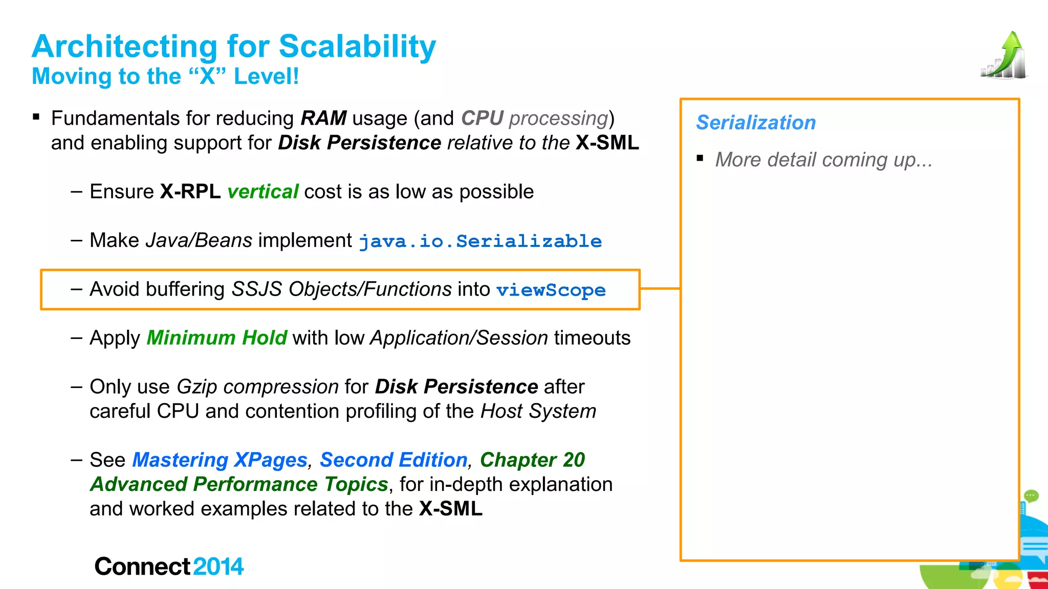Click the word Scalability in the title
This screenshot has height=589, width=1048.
(357, 47)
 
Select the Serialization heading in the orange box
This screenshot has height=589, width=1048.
(756, 123)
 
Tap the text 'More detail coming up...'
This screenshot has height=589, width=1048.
(823, 160)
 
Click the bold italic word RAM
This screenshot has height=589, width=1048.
(323, 118)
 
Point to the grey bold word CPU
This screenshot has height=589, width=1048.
(482, 118)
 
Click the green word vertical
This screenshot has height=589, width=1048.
(263, 192)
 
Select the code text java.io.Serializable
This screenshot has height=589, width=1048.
(480, 241)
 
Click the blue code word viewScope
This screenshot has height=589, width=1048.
(551, 290)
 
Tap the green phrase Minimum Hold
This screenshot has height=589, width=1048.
(216, 338)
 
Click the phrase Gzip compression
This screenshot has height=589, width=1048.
(257, 387)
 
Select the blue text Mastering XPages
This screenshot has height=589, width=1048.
(220, 460)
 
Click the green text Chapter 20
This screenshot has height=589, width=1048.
(532, 460)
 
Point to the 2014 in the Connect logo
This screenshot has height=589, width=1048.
(219, 567)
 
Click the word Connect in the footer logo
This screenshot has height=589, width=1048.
(142, 567)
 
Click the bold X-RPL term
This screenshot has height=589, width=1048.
(190, 192)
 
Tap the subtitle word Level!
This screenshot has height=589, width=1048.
(266, 77)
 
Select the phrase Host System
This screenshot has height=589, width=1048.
(538, 412)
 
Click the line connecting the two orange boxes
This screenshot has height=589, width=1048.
(660, 289)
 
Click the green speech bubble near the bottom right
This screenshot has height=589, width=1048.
(1031, 495)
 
